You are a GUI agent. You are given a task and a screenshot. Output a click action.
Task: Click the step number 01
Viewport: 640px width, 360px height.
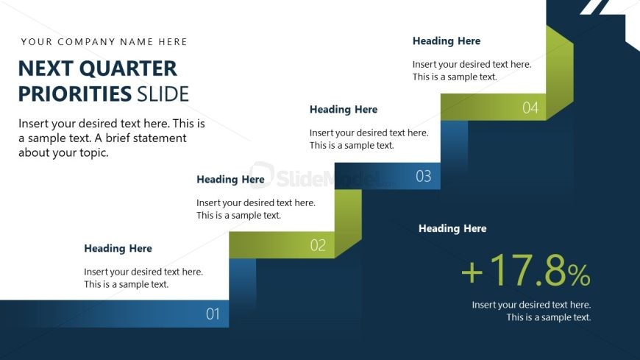coord(213,314)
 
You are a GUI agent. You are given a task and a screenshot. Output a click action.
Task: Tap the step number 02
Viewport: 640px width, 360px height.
coord(318,245)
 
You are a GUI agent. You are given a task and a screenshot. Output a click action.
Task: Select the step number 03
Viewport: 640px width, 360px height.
coord(423,176)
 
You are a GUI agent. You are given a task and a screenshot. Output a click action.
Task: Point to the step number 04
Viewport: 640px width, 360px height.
coord(530,108)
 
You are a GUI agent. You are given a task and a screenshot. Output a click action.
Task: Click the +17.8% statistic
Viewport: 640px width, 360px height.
coord(526,270)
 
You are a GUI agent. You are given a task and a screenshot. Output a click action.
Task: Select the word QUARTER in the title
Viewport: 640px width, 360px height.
coord(128,68)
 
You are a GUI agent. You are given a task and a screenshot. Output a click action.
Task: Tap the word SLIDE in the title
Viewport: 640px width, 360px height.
coord(163,94)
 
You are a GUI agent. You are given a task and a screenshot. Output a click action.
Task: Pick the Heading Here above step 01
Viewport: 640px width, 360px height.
coord(118,248)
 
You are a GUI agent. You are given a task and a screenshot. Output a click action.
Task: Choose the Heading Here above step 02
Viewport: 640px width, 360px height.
coord(230,180)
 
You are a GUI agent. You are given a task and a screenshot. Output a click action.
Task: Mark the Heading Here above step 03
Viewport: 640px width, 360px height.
coord(344,110)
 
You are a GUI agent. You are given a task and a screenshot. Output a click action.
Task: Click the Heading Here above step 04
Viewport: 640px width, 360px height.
coord(447,41)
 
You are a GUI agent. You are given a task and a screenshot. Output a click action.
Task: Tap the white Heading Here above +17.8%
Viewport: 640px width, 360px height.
coord(452,228)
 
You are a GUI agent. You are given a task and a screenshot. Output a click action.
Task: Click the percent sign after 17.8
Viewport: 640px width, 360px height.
coord(578,275)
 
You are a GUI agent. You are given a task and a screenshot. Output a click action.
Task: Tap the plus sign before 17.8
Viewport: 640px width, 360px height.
coord(472,272)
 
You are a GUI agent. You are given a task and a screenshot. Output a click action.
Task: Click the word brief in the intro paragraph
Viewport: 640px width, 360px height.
coord(117,138)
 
